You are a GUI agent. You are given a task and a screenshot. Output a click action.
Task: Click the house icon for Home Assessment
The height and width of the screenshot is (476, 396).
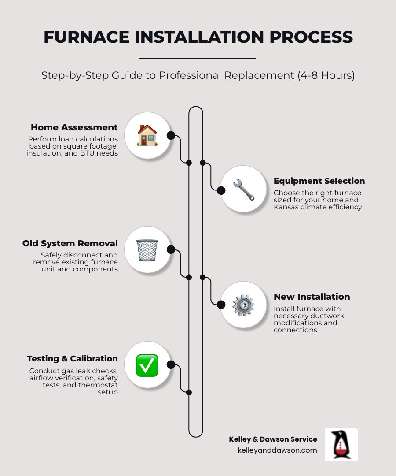point(147,135)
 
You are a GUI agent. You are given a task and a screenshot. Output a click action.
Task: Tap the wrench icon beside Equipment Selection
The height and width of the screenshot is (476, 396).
point(243,190)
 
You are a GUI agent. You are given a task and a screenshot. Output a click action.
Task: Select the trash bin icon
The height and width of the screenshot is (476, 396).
point(147,250)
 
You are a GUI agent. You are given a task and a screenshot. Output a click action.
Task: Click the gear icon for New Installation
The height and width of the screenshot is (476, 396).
point(243,305)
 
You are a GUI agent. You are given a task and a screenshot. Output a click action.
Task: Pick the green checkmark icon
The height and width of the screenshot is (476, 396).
point(147,365)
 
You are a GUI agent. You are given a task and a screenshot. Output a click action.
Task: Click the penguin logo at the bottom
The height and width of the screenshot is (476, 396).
point(341,445)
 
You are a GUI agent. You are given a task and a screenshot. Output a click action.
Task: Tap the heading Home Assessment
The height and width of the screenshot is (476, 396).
point(74,127)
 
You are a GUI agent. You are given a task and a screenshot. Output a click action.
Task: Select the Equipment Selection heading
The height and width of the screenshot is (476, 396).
point(319,181)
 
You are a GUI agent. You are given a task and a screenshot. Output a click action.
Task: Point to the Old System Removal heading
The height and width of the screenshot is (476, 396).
point(70,243)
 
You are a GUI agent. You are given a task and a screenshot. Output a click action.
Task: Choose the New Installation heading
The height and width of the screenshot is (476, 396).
point(312,297)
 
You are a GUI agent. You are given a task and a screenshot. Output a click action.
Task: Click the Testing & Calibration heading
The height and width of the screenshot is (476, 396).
point(72,358)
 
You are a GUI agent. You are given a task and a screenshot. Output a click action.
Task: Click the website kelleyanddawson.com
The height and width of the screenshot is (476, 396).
point(277,450)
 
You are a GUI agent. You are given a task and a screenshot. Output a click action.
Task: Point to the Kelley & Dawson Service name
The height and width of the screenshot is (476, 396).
point(273,439)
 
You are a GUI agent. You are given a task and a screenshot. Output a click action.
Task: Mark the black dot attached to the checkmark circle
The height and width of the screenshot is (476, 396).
point(171,364)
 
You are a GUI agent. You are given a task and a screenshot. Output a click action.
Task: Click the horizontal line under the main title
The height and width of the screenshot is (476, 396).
point(197,58)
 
